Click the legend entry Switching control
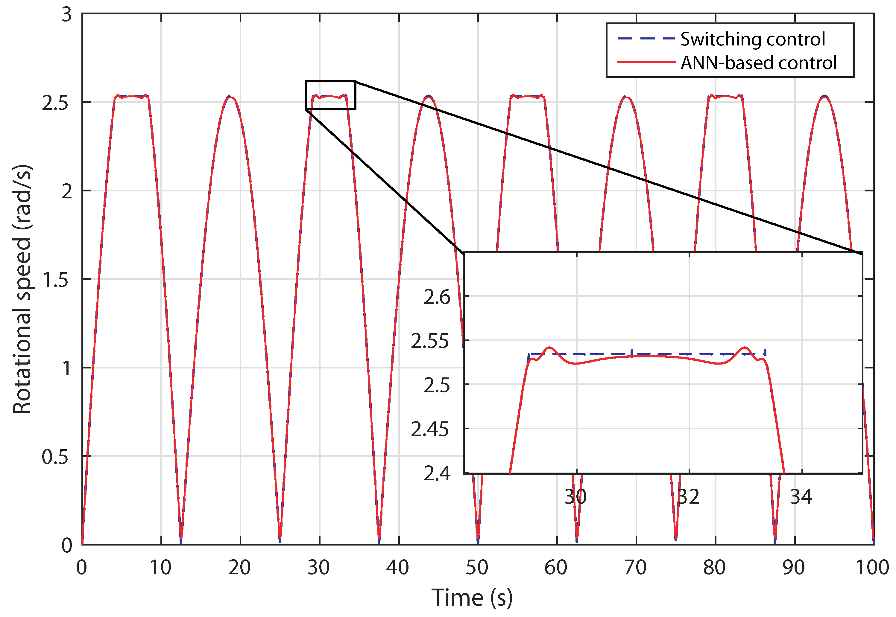(x=752, y=39)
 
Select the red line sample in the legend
(x=646, y=62)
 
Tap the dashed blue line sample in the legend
(x=646, y=39)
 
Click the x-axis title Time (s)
(x=472, y=598)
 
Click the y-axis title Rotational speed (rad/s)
(x=22, y=290)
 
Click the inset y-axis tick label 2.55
(x=430, y=341)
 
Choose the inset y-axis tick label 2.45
(x=430, y=429)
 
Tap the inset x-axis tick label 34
(x=801, y=497)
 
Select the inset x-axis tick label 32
(x=688, y=497)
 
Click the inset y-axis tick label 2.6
(x=437, y=297)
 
